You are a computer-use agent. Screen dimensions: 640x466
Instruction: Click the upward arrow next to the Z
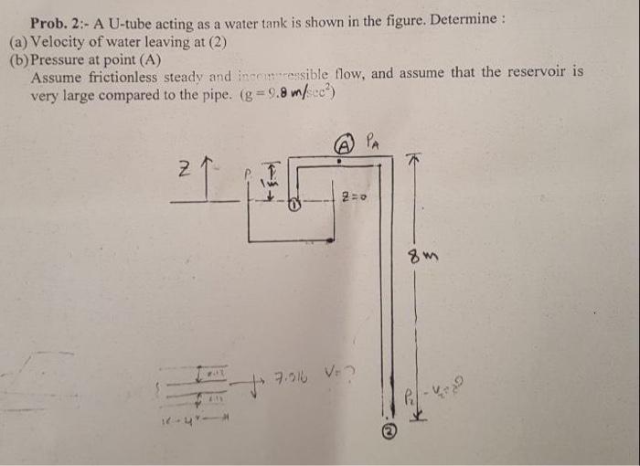[x=209, y=174]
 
